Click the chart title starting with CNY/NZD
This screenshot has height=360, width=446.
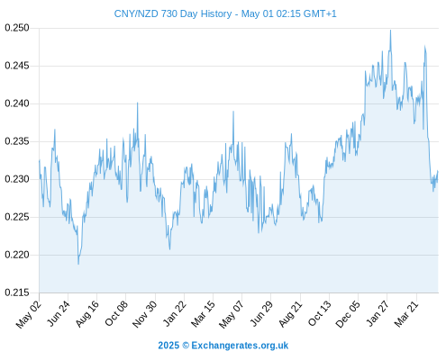click(225, 13)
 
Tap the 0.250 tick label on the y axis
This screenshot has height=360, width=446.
click(17, 28)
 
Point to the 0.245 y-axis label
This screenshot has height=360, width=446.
click(17, 66)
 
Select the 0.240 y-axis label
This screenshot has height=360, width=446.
click(17, 103)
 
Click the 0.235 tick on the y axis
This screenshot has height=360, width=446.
click(17, 141)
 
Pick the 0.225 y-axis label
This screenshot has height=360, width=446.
click(17, 217)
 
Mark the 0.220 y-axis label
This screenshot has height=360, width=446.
click(17, 255)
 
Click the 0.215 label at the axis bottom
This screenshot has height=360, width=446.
click(17, 292)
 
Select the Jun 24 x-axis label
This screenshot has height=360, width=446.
click(59, 313)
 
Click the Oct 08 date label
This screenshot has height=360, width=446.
click(116, 313)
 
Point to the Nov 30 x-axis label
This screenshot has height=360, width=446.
click(145, 314)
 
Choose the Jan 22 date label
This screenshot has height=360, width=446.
click(175, 313)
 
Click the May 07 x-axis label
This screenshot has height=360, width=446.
click(231, 314)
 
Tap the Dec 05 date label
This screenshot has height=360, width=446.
click(347, 314)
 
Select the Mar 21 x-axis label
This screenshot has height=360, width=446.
click(406, 314)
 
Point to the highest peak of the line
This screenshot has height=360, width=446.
click(390, 30)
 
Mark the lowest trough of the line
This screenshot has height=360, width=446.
click(78, 264)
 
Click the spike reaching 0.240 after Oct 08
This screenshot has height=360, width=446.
click(138, 103)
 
